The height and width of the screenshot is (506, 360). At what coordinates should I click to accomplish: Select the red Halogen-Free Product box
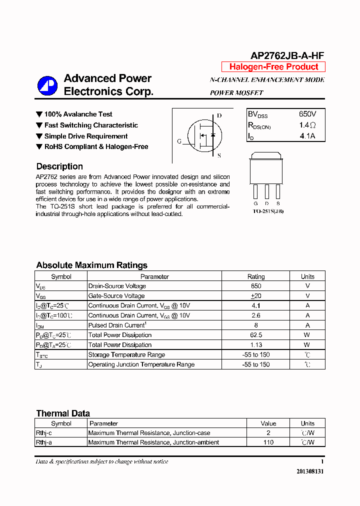(273, 67)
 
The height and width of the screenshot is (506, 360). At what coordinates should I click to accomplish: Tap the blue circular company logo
(47, 85)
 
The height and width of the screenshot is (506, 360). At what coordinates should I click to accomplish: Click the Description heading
(59, 166)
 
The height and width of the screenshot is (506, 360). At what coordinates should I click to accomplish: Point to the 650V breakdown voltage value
(307, 114)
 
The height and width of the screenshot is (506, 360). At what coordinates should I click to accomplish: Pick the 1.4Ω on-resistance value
(307, 125)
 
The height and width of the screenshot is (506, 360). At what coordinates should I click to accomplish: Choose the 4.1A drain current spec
(307, 136)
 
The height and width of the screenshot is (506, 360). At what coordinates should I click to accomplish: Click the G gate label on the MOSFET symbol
(179, 141)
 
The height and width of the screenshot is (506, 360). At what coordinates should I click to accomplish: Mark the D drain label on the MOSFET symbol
(219, 115)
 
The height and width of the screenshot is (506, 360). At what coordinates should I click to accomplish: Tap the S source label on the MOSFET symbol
(219, 155)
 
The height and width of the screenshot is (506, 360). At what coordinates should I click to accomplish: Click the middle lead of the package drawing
(267, 191)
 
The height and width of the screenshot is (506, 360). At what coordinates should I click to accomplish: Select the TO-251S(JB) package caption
(267, 211)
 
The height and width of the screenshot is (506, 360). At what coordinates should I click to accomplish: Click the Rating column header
(256, 276)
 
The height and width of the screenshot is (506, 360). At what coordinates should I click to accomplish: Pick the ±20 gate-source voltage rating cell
(256, 296)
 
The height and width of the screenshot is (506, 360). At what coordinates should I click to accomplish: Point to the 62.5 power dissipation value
(256, 335)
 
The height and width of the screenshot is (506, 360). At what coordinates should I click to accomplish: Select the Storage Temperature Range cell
(126, 354)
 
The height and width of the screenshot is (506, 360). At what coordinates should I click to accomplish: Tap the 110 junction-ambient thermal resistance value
(268, 442)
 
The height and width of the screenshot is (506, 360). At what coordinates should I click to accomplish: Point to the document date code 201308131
(310, 471)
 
